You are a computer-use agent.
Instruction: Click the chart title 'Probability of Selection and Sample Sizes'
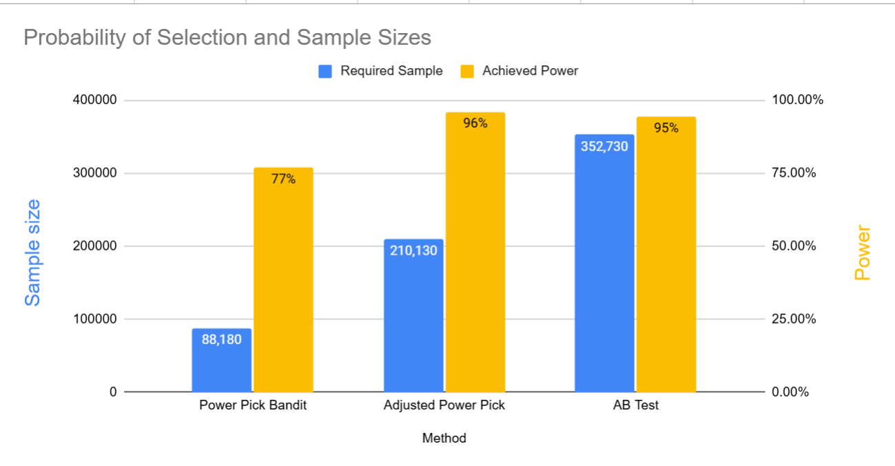227,37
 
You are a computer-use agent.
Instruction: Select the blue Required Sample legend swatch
325,71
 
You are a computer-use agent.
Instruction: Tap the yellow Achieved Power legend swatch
467,71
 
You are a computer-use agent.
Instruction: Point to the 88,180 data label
221,339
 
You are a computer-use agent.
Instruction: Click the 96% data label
475,124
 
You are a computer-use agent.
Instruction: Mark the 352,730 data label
604,146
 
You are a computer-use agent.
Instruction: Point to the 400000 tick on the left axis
94,100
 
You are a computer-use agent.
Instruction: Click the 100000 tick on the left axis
94,319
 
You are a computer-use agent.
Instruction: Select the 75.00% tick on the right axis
794,173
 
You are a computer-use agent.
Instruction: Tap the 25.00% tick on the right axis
794,319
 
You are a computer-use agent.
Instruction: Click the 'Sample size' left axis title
32,253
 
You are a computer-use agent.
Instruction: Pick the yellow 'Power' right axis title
863,253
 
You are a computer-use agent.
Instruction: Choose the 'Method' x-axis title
444,438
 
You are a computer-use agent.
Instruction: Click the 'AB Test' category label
635,405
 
